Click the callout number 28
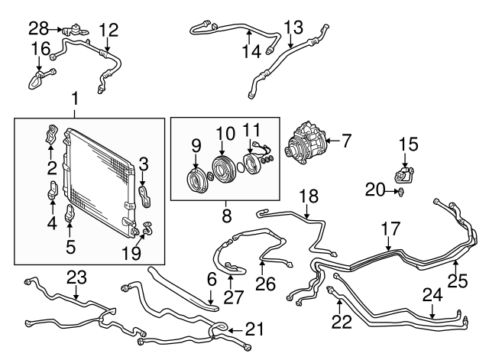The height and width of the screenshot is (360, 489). pyautogui.click(x=38, y=29)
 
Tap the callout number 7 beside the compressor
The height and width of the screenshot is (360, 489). pyautogui.click(x=346, y=140)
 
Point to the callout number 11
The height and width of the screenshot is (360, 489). pyautogui.click(x=251, y=128)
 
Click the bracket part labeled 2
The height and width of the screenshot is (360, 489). pyautogui.click(x=52, y=137)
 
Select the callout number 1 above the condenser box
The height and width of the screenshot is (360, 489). pyautogui.click(x=74, y=98)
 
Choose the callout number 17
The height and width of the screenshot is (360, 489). pyautogui.click(x=390, y=228)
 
